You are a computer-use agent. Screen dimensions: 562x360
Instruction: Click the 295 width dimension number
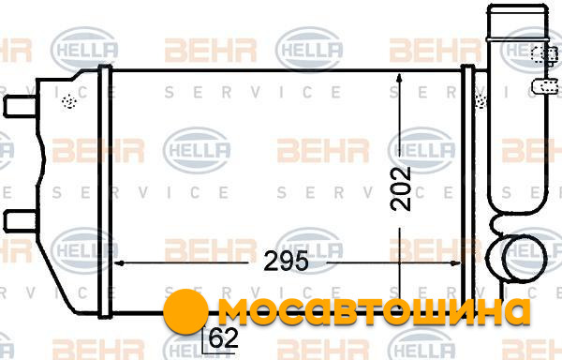click(x=286, y=262)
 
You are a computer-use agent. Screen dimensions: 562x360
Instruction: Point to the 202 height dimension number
click(x=400, y=188)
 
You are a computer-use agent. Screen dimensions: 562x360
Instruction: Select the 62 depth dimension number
click(x=223, y=337)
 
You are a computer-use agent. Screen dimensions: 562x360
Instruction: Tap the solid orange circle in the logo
click(x=185, y=311)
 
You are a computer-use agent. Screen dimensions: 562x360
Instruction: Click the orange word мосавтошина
click(x=374, y=311)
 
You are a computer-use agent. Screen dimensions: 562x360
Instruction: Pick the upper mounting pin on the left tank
click(x=20, y=107)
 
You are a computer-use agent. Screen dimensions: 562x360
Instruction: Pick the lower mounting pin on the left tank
click(x=20, y=221)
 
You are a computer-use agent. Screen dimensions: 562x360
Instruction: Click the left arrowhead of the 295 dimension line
click(x=119, y=263)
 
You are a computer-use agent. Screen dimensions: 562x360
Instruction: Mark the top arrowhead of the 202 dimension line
click(x=400, y=78)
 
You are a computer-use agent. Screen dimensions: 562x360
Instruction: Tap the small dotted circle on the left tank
click(x=69, y=101)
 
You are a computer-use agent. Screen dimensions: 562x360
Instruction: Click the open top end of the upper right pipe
click(x=517, y=7)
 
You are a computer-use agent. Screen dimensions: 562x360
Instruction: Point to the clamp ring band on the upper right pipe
click(x=518, y=38)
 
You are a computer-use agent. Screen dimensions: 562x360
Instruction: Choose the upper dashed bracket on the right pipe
click(x=544, y=54)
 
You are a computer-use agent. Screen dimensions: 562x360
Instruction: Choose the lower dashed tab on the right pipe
click(x=545, y=86)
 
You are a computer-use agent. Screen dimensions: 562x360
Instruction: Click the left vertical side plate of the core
click(x=105, y=191)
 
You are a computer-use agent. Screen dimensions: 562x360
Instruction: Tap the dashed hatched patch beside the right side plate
click(x=480, y=98)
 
